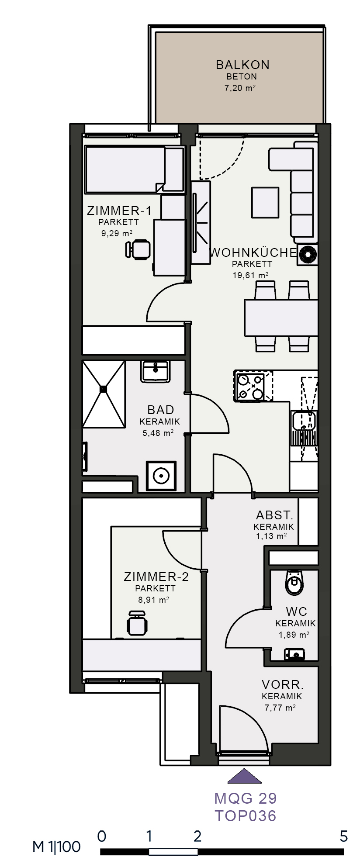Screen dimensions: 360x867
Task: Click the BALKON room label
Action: coord(242,65)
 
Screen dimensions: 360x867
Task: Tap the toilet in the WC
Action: coord(294,582)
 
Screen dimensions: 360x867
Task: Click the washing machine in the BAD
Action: coord(161,476)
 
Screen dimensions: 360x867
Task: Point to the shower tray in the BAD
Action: coord(104,394)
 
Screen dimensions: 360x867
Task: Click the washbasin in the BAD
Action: coord(155,372)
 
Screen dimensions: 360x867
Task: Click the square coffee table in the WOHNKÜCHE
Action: coord(265,202)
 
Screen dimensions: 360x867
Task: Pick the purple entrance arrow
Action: coord(245,777)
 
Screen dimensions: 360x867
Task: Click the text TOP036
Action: coord(246,816)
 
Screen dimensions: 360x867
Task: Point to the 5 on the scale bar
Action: coord(344,836)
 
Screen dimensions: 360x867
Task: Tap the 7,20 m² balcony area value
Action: coord(240,88)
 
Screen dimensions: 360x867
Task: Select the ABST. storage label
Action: coord(275,515)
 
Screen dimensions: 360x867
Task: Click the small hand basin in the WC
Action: coord(294,654)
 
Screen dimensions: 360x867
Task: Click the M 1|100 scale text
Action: coord(57,847)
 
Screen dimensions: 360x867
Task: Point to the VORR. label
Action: coord(283,684)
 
